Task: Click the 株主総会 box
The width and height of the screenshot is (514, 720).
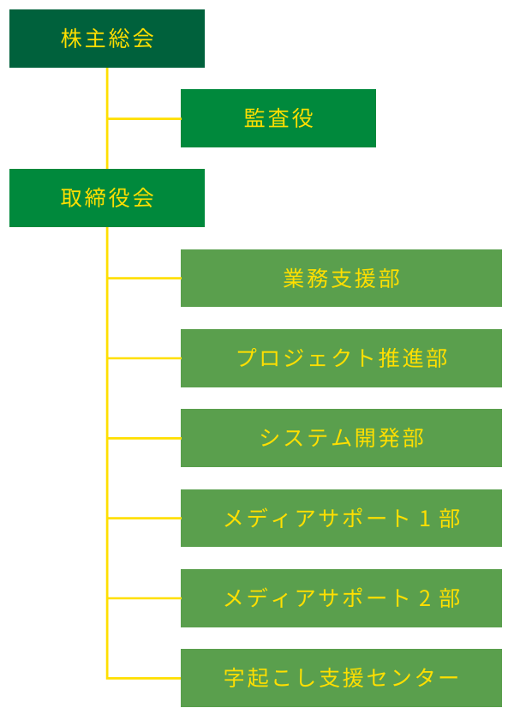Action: click(107, 39)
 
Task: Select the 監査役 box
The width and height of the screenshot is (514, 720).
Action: click(278, 118)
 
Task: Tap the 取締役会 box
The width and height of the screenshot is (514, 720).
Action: click(107, 198)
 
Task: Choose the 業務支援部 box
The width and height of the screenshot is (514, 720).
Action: click(341, 278)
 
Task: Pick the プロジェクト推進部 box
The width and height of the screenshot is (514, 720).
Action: click(341, 358)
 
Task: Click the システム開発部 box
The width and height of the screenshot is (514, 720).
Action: click(341, 438)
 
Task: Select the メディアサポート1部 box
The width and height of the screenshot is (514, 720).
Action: click(341, 518)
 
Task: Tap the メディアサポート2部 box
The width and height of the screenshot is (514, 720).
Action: click(341, 597)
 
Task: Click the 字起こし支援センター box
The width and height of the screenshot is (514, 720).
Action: click(341, 678)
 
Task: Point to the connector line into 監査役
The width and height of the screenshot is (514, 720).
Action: click(144, 118)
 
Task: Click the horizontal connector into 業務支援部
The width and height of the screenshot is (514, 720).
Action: click(144, 278)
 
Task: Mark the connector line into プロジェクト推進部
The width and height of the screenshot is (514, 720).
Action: click(144, 358)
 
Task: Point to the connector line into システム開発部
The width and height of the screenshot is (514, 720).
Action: click(144, 438)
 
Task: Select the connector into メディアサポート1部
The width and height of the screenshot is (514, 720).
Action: click(144, 518)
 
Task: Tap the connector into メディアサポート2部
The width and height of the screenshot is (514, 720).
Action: click(144, 597)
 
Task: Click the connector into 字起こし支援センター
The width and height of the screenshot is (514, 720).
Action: click(144, 678)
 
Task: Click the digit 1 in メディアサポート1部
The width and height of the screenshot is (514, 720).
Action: click(424, 519)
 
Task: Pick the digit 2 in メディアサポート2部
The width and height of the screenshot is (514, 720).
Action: click(424, 598)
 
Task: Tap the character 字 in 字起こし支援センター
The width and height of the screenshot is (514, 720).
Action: click(234, 678)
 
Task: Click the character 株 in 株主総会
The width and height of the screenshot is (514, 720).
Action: click(72, 39)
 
